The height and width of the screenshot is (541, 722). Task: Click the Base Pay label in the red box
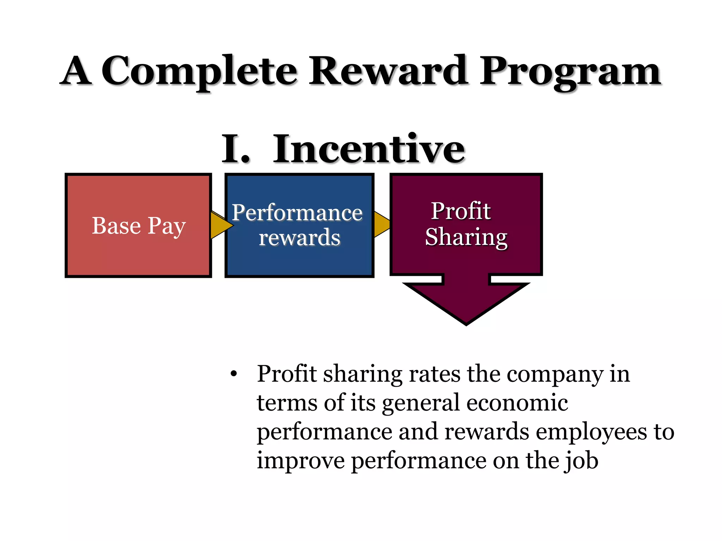[x=139, y=226]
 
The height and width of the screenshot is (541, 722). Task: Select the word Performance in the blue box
[x=297, y=213]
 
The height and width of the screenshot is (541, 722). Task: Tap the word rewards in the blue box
[x=299, y=237]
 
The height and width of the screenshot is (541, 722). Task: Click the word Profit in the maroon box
[x=460, y=211]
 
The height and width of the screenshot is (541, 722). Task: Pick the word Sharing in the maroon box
[x=466, y=237]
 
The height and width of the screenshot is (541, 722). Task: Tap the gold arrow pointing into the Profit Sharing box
[x=381, y=224]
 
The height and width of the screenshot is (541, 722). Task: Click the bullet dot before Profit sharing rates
[x=233, y=374]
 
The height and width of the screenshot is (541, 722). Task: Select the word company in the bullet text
[x=555, y=374]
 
